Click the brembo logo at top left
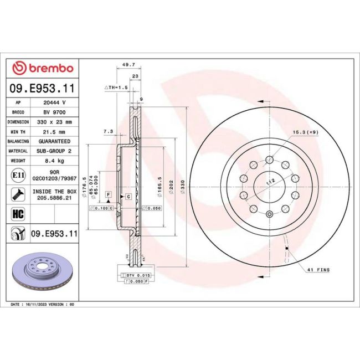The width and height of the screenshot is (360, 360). tap(43, 68)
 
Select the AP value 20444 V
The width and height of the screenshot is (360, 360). tap(55, 102)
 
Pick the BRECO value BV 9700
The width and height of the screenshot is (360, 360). tap(55, 112)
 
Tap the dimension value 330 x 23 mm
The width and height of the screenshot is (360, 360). tap(55, 122)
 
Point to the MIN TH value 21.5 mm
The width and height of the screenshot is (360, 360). tap(55, 131)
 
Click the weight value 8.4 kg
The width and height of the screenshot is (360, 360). tap(55, 160)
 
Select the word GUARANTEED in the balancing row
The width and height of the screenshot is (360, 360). tap(55, 141)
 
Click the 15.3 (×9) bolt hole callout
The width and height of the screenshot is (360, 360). tap(306, 132)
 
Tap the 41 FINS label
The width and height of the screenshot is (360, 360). tap(318, 270)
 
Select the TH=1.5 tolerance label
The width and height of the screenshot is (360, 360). tap(116, 88)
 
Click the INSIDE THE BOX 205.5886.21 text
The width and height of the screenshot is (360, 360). tap(55, 193)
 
